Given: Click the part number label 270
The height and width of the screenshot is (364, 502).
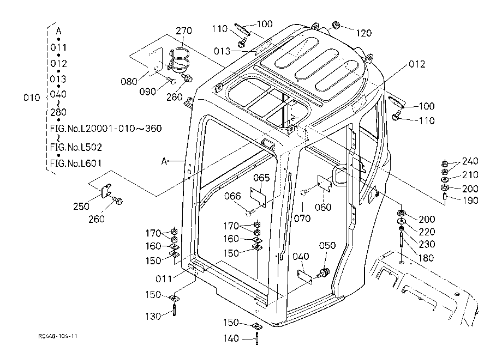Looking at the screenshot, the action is (x=184, y=31).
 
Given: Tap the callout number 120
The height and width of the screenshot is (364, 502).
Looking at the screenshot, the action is (x=364, y=33).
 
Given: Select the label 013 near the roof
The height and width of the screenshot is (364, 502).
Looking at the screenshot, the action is (x=222, y=51).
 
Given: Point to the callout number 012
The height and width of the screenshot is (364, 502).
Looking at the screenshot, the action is (x=417, y=64).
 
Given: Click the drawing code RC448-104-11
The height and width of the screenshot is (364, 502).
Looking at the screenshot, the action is (x=58, y=336).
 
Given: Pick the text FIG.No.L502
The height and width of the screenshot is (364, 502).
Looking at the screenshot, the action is (x=76, y=147).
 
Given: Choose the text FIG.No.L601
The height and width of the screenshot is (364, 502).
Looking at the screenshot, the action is (x=75, y=163).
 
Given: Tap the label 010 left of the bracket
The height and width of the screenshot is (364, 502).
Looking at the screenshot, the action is (x=32, y=98).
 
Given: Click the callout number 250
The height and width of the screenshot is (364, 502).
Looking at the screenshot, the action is (x=81, y=207).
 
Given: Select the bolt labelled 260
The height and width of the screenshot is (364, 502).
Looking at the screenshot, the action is (x=117, y=201).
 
